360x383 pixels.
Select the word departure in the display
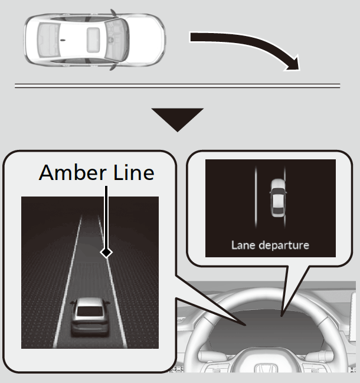point(284,244)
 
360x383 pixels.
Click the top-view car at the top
point(94,41)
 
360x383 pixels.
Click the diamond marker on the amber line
point(106,252)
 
